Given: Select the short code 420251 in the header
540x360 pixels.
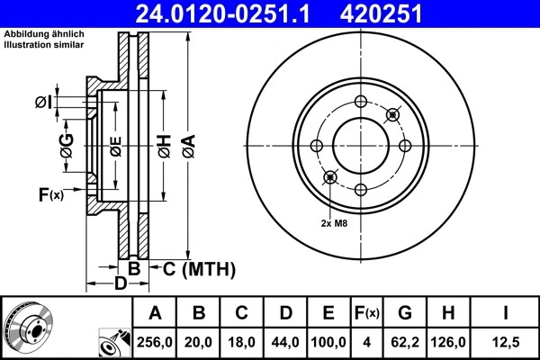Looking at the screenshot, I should pos(405,13).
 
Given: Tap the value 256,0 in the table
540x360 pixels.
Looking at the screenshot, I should pos(155,343).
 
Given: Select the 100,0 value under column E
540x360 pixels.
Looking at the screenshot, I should pos(329,343).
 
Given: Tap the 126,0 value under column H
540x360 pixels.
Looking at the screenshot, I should pos(449,343).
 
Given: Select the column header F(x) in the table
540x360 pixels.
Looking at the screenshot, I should pos(366,313).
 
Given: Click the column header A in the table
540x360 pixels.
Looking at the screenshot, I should pos(155,313).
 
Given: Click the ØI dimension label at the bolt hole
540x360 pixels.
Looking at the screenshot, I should pos(42,102).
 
